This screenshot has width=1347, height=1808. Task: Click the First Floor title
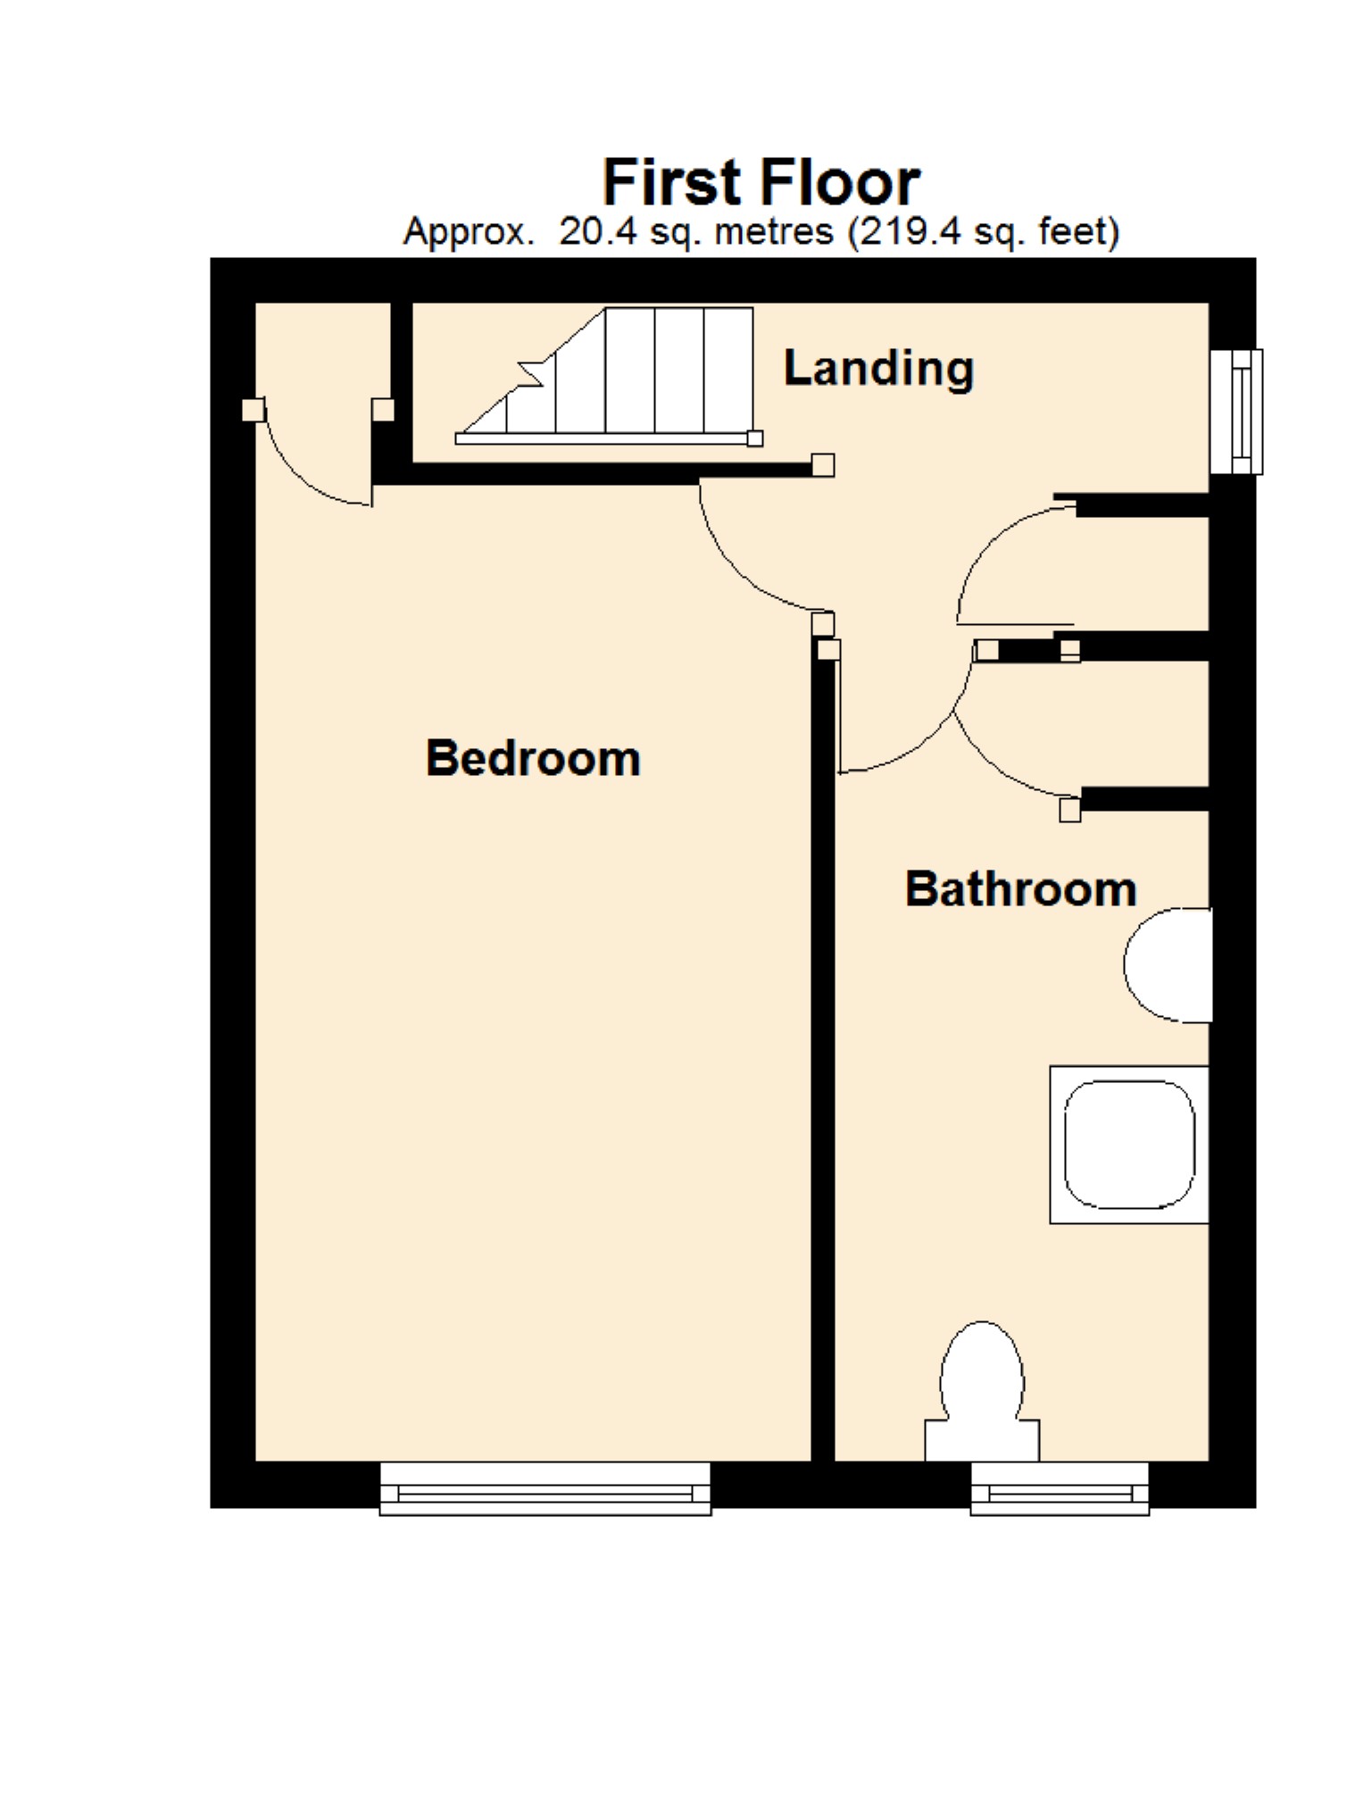pyautogui.click(x=761, y=182)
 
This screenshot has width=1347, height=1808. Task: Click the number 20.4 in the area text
pyautogui.click(x=597, y=232)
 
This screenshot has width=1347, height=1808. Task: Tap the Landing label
pyautogui.click(x=877, y=368)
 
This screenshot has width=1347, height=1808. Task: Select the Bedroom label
pyautogui.click(x=533, y=758)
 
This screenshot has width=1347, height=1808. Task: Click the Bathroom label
pyautogui.click(x=1020, y=889)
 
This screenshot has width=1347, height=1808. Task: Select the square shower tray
pyautogui.click(x=1129, y=1144)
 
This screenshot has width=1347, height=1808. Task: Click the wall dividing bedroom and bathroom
pyautogui.click(x=823, y=1071)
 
